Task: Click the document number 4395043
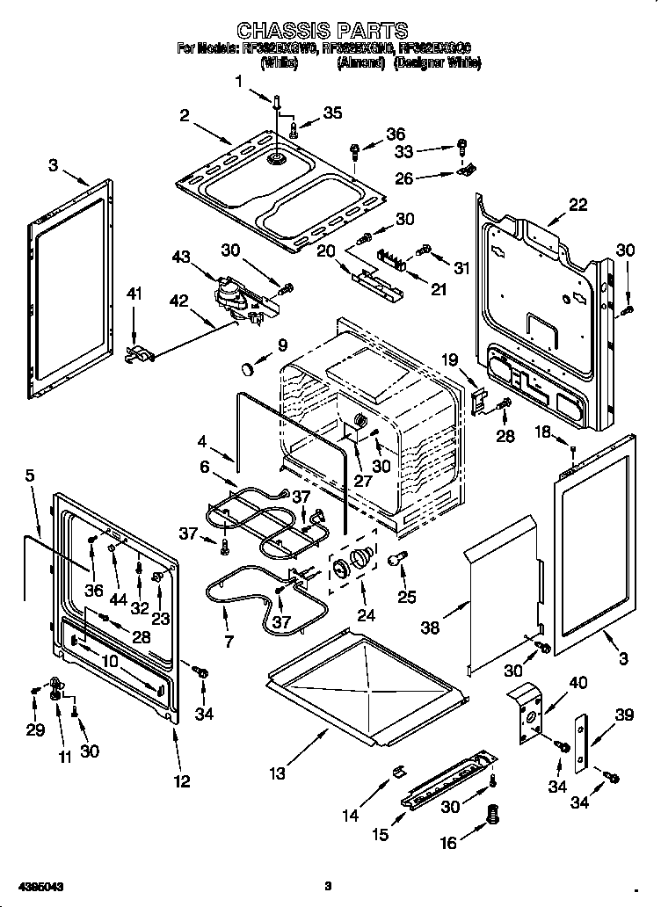point(40,886)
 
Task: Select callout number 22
point(577,205)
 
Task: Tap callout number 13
point(278,774)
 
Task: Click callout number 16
point(448,843)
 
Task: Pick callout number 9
point(282,344)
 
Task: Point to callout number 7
point(229,642)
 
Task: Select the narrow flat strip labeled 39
point(580,743)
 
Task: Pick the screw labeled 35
point(294,131)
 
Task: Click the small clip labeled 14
point(396,772)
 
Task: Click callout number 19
point(451,359)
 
